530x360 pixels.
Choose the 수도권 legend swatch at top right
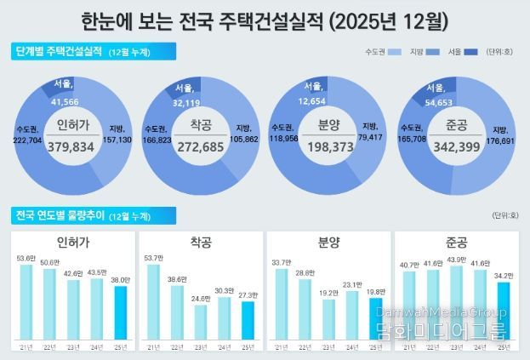coord(394,53)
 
